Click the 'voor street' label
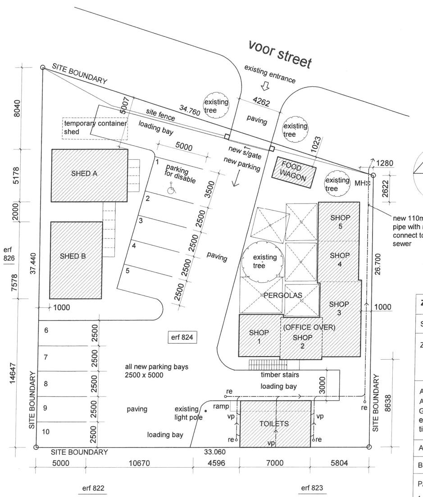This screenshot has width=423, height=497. (x=280, y=54)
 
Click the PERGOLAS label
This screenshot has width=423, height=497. (x=283, y=295)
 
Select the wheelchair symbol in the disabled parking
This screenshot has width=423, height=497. (x=171, y=190)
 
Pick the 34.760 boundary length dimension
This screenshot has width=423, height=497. (x=189, y=111)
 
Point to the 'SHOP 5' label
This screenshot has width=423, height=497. (x=340, y=221)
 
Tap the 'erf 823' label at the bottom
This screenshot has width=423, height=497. (x=312, y=488)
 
